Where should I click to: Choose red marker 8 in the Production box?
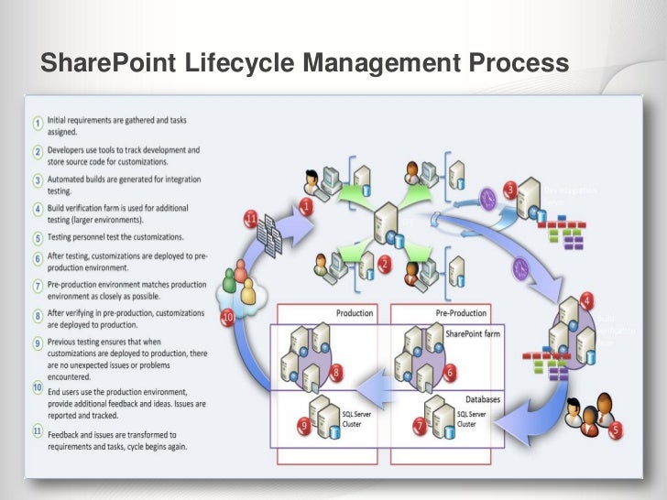[x=337, y=373]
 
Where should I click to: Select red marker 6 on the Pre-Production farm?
[x=450, y=373]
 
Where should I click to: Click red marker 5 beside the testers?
[x=615, y=429]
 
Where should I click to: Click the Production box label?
[x=355, y=313]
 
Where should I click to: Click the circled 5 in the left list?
[x=38, y=237]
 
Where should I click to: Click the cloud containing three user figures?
[x=239, y=285]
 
